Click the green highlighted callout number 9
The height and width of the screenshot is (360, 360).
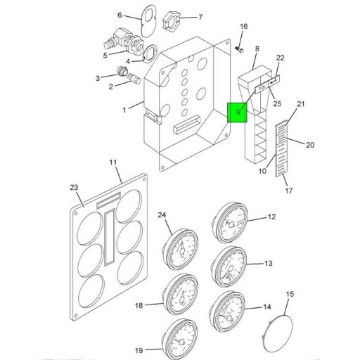pyautogui.click(x=238, y=112)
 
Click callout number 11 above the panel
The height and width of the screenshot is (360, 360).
pyautogui.click(x=113, y=164)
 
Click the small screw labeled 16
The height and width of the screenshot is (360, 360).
pyautogui.click(x=240, y=50)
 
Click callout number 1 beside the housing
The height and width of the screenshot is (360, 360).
pyautogui.click(x=124, y=110)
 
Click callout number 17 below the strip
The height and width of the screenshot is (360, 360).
pyautogui.click(x=288, y=190)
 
